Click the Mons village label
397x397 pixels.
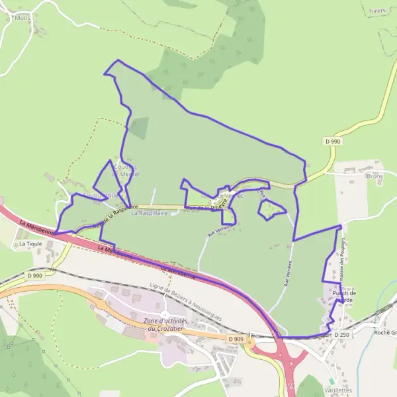click(x=22, y=19)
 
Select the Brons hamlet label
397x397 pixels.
click(x=375, y=177)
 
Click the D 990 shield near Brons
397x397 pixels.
click(x=332, y=142)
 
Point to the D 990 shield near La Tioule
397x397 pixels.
click(x=35, y=275)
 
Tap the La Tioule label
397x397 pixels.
click(x=29, y=244)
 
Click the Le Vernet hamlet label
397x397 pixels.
click(x=228, y=197)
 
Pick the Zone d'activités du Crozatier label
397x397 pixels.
click(x=165, y=325)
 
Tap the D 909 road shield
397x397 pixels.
click(x=235, y=339)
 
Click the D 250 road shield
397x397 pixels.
click(x=341, y=335)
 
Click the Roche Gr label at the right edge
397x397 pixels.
click(x=384, y=333)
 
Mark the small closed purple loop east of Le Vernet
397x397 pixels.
click(x=271, y=210)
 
